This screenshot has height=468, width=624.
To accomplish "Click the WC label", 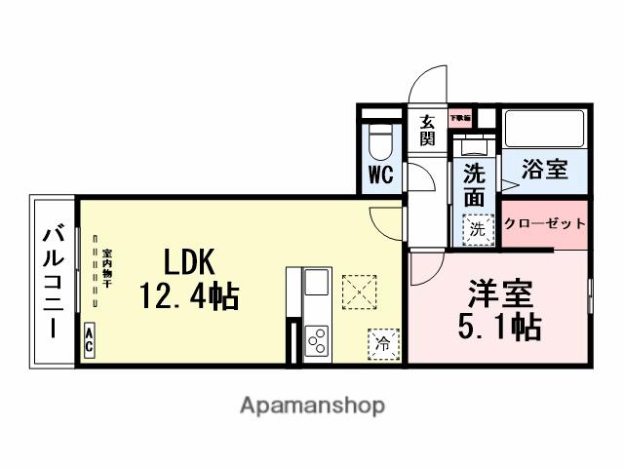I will coord(381,177).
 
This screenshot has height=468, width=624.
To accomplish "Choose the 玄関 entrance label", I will coord(427,130).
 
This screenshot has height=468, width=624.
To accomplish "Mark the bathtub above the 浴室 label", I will coord(543,128).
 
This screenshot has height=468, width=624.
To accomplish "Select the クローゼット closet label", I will coord(545,224).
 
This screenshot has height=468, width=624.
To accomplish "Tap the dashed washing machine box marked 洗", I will coord(477,229).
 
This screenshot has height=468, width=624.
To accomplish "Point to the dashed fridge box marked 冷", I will coord(383,343).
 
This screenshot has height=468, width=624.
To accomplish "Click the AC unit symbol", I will coord(89,343).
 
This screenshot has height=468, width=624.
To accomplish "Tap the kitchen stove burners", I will coord(318,340).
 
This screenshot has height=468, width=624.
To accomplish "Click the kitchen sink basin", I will coord(318,284).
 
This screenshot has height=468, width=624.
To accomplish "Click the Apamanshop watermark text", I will coord(312,406).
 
